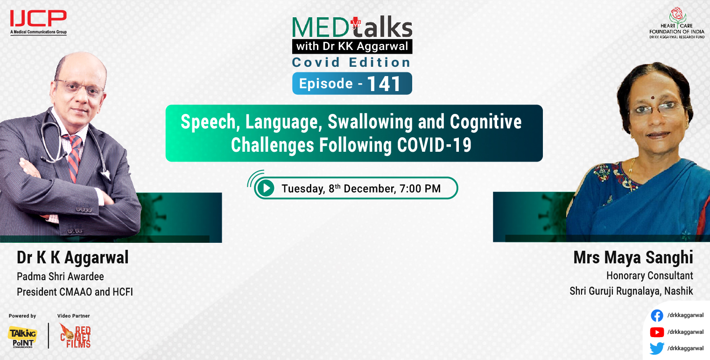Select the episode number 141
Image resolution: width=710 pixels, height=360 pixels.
(x=384, y=84)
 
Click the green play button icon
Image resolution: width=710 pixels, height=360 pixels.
(x=266, y=188)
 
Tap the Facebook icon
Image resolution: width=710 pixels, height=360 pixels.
(x=657, y=316)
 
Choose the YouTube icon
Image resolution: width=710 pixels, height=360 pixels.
(x=657, y=332)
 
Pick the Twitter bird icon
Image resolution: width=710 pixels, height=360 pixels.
(x=657, y=348)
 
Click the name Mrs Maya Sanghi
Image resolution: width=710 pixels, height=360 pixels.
(x=633, y=258)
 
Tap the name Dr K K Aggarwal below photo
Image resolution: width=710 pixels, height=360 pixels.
(x=72, y=258)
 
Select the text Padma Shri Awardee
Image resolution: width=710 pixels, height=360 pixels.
(x=60, y=276)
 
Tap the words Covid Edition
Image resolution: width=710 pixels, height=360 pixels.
(x=351, y=62)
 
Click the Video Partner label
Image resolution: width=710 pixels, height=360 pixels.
(x=73, y=316)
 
